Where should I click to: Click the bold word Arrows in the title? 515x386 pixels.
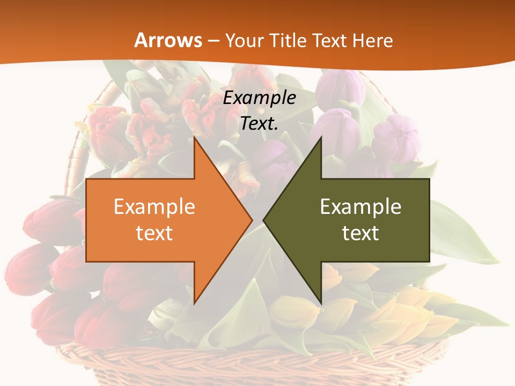click(x=168, y=40)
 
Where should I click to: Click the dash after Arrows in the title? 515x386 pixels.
click(x=213, y=41)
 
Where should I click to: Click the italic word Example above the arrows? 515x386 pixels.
click(x=260, y=98)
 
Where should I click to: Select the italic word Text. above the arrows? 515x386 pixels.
click(x=260, y=123)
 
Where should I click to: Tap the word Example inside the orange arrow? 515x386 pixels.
click(x=154, y=206)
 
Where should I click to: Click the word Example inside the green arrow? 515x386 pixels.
click(x=360, y=206)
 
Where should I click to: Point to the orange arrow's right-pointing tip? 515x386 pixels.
click(x=252, y=220)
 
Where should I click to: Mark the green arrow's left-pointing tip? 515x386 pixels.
click(x=263, y=220)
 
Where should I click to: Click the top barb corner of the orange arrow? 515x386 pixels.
click(x=195, y=137)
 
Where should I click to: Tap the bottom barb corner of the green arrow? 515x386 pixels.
click(x=321, y=304)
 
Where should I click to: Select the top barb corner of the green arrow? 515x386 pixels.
click(x=321, y=137)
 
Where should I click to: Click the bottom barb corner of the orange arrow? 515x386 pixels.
click(x=195, y=304)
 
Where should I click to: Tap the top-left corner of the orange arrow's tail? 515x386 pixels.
click(x=87, y=179)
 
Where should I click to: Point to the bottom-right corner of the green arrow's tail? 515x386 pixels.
click(x=429, y=262)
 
